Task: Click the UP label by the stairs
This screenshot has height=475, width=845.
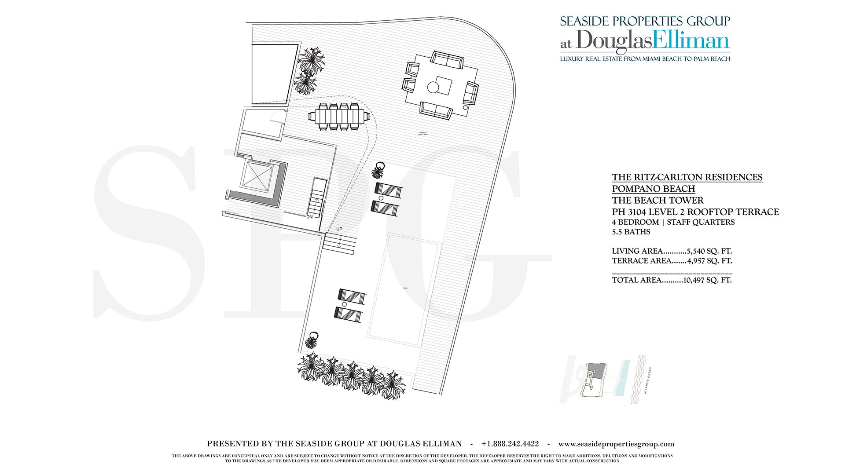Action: pos(339,229)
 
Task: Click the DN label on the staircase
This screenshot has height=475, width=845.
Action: pos(309,217)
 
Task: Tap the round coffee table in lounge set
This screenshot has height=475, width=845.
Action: pos(433,88)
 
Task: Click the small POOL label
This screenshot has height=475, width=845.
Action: pos(405,288)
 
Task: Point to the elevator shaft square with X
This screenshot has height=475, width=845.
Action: pos(257,176)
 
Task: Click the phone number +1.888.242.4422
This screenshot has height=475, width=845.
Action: pos(510,444)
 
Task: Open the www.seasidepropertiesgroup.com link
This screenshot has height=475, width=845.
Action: pos(616,444)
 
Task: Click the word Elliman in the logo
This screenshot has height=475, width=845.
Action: pos(691,40)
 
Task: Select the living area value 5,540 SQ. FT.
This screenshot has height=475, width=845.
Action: pos(709,251)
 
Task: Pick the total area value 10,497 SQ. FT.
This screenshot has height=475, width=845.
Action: pos(707,280)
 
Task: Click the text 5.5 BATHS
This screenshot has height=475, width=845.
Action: pos(631,232)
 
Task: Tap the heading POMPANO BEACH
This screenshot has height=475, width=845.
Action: pos(653,189)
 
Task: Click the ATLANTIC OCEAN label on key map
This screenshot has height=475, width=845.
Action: pos(648,380)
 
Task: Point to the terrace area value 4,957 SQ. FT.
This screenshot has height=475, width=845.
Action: pos(709,261)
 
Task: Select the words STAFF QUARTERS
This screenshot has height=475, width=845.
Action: pos(701,222)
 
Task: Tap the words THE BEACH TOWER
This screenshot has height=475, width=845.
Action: pos(658,200)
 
